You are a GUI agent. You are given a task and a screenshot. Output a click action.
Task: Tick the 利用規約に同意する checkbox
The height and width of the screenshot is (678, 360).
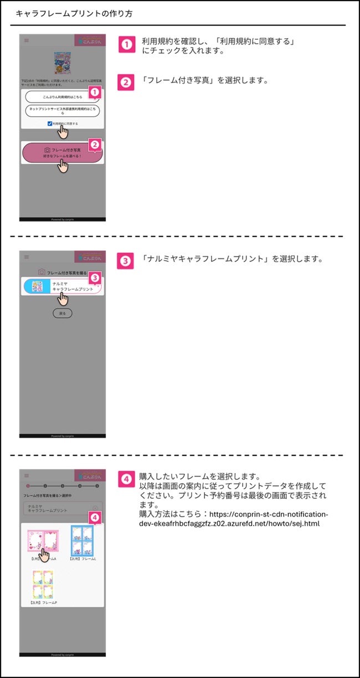50,123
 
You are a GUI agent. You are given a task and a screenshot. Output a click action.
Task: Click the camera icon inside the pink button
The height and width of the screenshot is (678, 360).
47,150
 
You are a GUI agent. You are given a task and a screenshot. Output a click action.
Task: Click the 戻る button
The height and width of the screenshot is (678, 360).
62,313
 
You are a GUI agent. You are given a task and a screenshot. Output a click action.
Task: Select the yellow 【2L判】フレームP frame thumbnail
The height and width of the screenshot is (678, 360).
43,583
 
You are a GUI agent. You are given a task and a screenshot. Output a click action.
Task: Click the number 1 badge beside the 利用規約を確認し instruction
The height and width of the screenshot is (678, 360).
127,44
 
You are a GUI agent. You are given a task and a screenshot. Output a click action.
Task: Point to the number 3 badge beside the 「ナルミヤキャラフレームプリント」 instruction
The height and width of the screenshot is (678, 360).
127,260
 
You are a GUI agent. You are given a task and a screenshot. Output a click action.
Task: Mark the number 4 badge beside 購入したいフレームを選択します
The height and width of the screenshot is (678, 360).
127,477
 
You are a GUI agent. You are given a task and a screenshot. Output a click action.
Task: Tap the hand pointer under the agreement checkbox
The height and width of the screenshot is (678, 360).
64,132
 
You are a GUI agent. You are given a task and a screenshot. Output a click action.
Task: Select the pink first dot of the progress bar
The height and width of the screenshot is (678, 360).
27,486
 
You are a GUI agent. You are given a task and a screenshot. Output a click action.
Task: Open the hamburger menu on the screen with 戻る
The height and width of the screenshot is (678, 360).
26,257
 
